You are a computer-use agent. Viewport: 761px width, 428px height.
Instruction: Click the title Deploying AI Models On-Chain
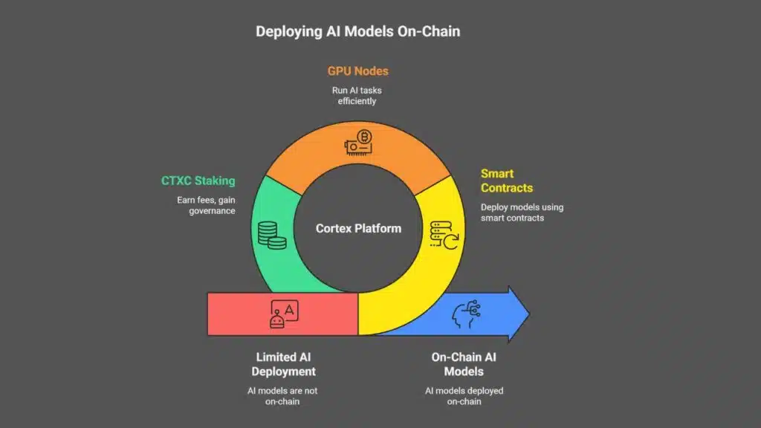357,31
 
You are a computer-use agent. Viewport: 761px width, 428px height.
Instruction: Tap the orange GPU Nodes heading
357,71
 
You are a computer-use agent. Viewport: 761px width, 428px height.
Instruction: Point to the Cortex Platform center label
358,228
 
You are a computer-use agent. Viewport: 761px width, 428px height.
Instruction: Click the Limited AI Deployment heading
283,364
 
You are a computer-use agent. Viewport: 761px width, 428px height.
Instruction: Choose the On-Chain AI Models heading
464,364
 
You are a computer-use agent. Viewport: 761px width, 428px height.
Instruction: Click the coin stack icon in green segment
271,235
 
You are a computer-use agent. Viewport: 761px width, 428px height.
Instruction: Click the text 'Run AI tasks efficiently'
357,95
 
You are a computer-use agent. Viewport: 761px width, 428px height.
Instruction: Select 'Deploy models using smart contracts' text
522,213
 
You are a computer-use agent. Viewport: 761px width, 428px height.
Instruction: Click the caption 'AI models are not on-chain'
283,396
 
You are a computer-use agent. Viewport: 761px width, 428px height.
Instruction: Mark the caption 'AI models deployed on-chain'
464,396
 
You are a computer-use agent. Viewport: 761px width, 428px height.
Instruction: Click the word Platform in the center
377,228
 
